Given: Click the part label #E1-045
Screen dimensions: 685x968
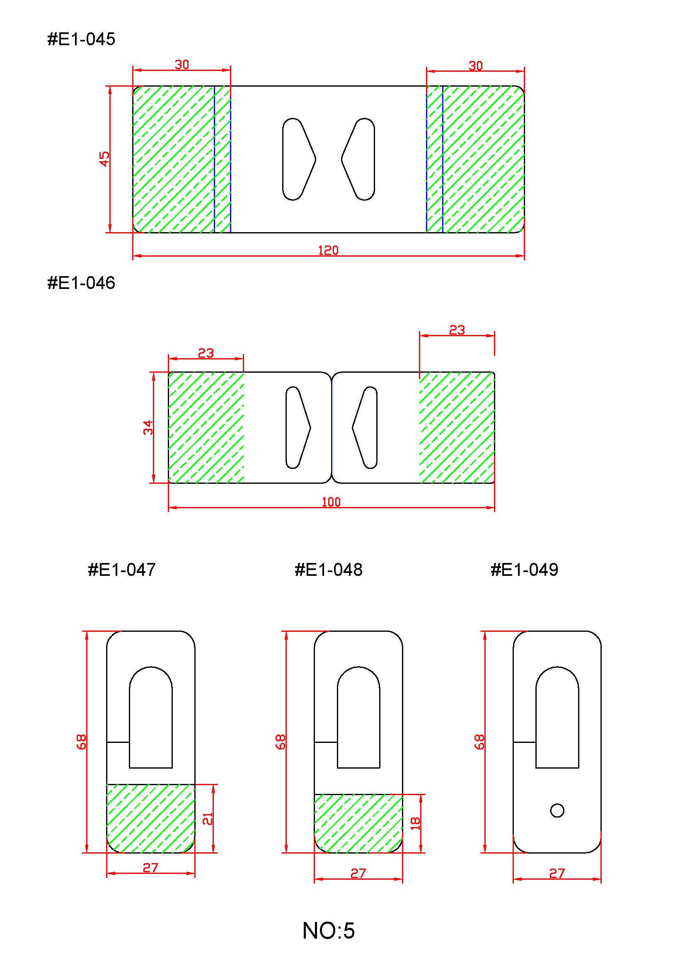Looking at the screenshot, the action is coord(81,39).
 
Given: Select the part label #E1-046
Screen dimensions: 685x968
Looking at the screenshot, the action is coord(81,283).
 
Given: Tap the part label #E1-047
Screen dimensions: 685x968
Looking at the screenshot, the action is coord(122,570).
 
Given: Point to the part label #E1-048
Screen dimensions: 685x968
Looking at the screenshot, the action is coord(329,570).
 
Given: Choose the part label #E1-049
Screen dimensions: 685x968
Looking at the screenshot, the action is coord(524,570).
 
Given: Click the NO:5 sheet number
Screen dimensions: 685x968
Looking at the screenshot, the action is coord(329,930).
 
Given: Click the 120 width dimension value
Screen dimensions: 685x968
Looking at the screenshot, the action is coord(328,251).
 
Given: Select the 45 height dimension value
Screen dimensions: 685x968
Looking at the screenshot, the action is coord(104,159).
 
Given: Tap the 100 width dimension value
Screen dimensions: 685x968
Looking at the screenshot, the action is coord(331,502).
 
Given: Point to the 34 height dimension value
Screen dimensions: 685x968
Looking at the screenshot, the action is coord(148,427).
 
